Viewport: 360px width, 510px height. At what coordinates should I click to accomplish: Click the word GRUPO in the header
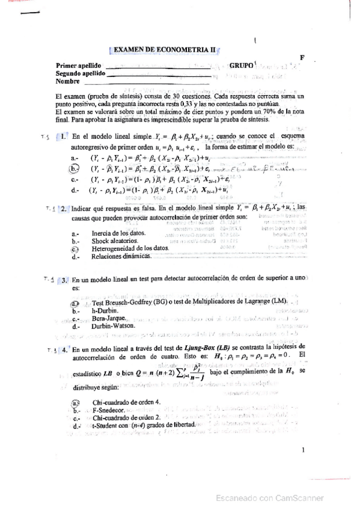point(242,65)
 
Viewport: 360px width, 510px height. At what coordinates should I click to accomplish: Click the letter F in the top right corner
point(303,58)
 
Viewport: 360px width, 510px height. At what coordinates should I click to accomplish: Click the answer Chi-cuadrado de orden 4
point(126,402)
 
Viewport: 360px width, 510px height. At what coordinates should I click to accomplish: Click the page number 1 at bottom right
point(304,449)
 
